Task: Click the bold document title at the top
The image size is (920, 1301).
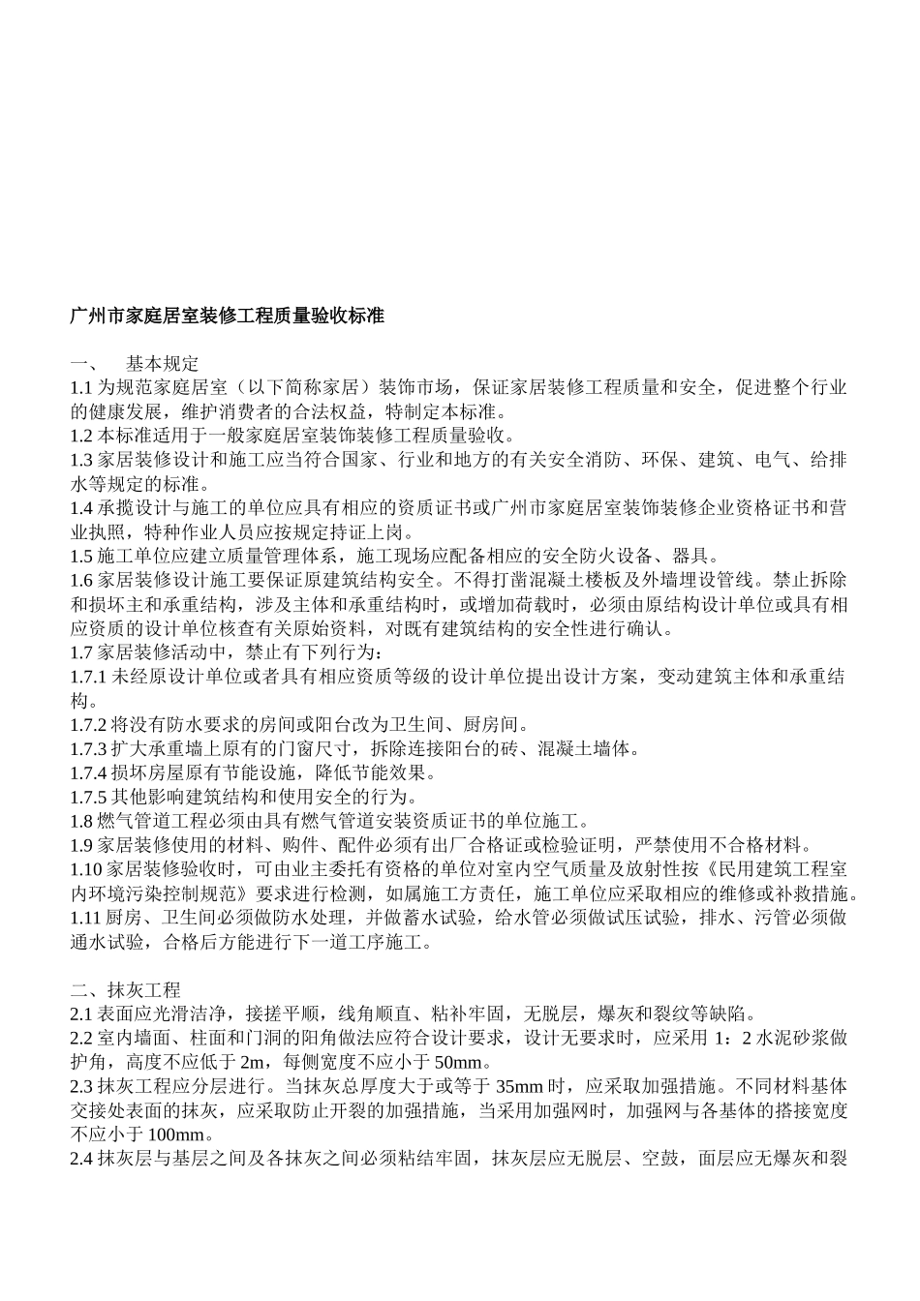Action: [x=227, y=317]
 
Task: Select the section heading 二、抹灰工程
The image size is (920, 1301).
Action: [x=126, y=990]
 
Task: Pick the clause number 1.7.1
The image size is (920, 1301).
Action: [x=89, y=677]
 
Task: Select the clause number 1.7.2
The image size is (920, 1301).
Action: [x=89, y=725]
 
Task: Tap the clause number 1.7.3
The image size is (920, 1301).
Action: [x=89, y=749]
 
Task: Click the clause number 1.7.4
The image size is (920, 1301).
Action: [x=89, y=773]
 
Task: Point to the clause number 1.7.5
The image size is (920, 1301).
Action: [x=89, y=798]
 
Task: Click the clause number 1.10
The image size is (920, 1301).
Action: [x=85, y=870]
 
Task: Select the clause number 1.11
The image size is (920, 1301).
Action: [x=85, y=918]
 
